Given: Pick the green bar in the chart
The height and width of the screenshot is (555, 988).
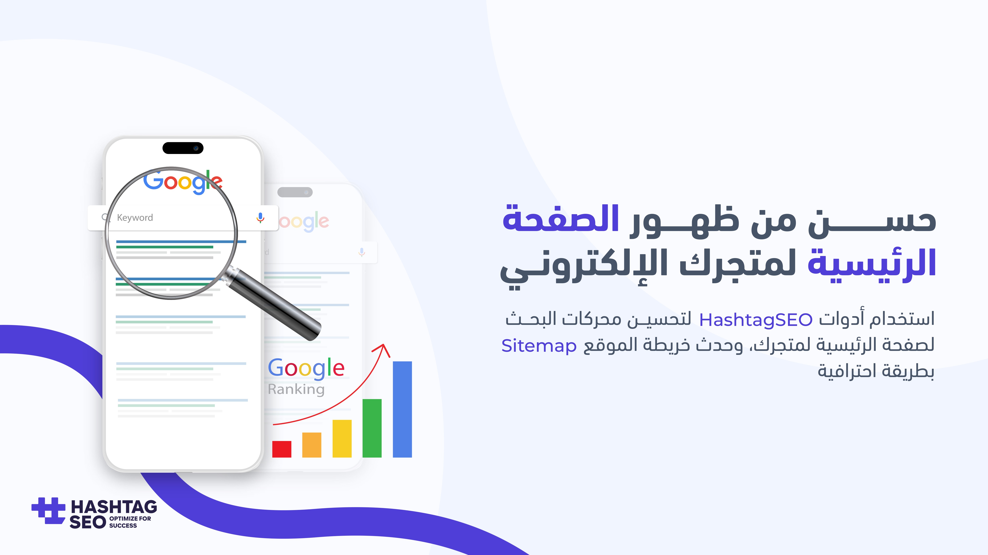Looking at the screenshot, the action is coord(372,428).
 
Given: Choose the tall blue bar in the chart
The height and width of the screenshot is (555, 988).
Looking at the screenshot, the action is coord(402,409).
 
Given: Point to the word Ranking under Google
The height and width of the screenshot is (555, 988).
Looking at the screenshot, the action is coord(296,389).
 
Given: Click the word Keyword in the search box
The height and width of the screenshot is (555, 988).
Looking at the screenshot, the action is coord(135,218).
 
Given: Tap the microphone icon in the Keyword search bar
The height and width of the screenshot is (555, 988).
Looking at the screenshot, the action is coord(260,218).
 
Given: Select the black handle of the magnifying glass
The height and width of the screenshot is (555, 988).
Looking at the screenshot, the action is coord(274,305).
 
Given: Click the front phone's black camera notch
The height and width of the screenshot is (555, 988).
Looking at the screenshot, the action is coord(183,148).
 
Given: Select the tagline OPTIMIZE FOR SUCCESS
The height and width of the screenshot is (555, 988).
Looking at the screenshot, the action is coord(130,522).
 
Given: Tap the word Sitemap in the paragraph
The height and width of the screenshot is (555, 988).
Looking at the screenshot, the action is coord(539,346).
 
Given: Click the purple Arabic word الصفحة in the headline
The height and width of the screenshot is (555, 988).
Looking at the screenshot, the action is coord(561,219).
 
